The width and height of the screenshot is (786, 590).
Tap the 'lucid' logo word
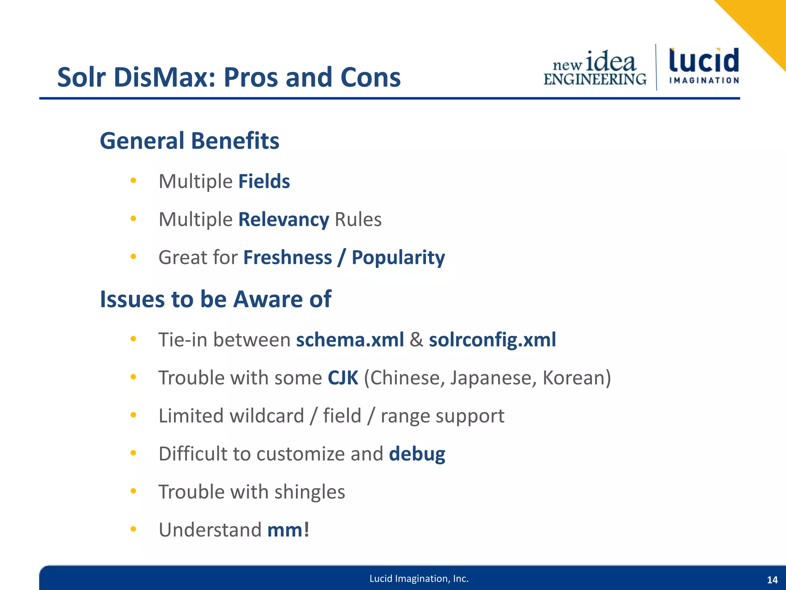tap(704, 61)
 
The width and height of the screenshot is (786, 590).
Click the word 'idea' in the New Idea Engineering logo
tap(611, 61)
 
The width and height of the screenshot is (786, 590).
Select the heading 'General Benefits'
tap(189, 141)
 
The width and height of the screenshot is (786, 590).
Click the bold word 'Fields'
tap(264, 181)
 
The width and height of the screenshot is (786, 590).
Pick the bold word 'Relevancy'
tap(284, 220)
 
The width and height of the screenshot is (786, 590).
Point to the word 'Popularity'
tap(398, 258)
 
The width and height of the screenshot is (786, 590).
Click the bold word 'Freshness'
tap(287, 257)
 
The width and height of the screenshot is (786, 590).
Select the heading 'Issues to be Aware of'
tap(215, 299)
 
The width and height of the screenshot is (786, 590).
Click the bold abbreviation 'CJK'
tap(343, 378)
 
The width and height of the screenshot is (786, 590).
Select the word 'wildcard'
tap(267, 416)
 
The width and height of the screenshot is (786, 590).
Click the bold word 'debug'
tap(417, 454)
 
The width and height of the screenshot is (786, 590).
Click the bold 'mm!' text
tap(288, 530)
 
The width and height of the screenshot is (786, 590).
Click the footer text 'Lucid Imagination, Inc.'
tap(419, 579)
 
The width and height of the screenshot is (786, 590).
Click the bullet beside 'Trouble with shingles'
tap(133, 491)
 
